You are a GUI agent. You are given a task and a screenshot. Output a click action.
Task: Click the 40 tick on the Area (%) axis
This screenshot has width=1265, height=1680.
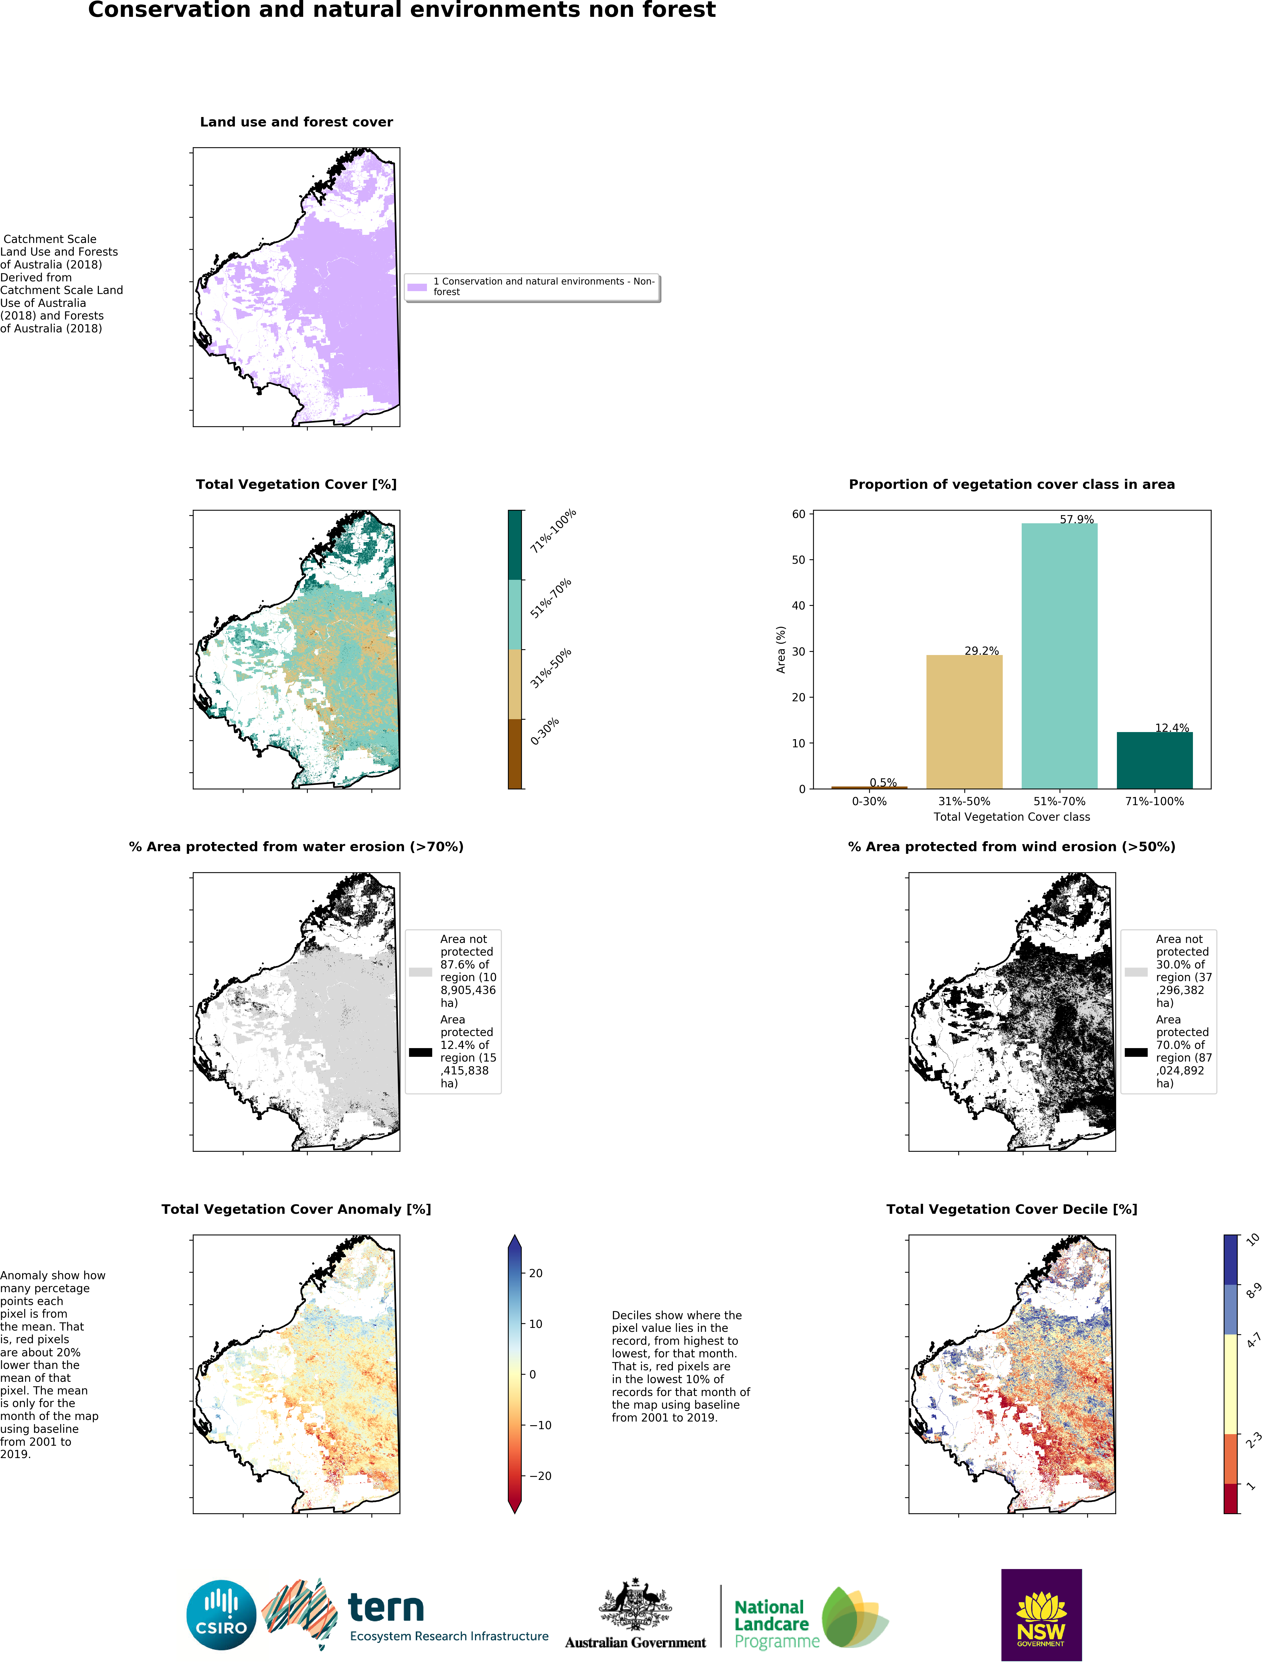[798, 605]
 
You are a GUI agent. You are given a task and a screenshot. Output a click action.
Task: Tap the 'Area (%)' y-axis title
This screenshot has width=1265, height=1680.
[780, 649]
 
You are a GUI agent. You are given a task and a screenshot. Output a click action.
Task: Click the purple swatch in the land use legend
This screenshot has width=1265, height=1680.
[417, 287]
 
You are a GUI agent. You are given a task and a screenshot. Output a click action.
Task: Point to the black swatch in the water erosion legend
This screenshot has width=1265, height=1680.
[420, 1052]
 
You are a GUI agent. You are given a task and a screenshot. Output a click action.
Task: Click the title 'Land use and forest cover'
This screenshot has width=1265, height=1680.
[296, 122]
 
